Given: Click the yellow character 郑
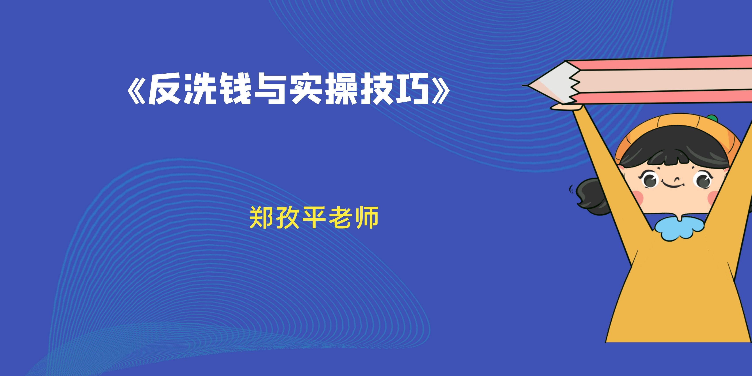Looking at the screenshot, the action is point(261,217).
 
